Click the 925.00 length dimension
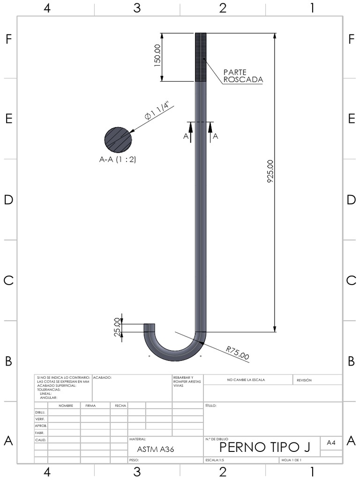pyautogui.click(x=270, y=172)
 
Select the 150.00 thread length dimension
pyautogui.click(x=157, y=55)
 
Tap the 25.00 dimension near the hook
pyautogui.click(x=117, y=327)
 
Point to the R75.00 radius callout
pyautogui.click(x=238, y=352)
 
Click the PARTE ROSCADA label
pyautogui.click(x=243, y=76)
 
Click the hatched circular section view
pyautogui.click(x=118, y=140)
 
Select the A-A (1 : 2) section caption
pyautogui.click(x=118, y=159)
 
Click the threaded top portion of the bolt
pyautogui.click(x=201, y=57)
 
